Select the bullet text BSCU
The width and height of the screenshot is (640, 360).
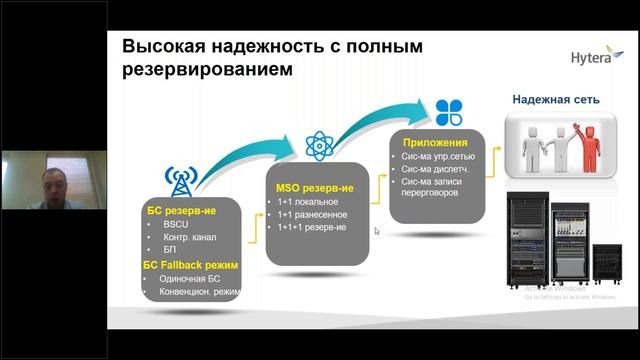176,224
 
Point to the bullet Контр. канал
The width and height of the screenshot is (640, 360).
191,237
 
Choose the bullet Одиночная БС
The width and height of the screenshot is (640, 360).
191,278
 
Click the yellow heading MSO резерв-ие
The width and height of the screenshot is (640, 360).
316,187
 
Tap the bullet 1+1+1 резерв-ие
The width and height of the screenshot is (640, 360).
313,228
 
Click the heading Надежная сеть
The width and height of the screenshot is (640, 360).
556,100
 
